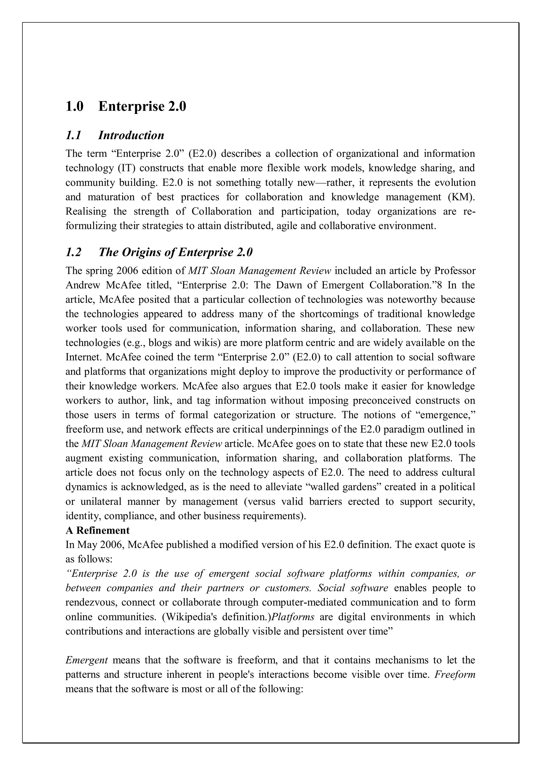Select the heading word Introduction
pos(131,135)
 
